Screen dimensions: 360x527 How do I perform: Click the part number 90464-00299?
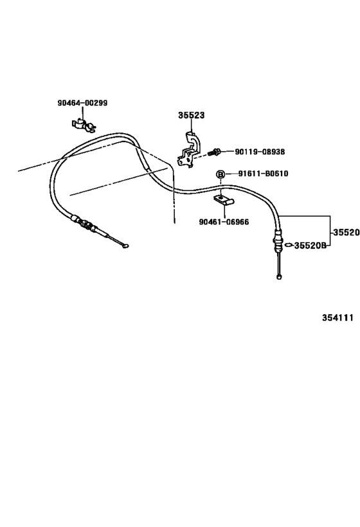tap(82, 103)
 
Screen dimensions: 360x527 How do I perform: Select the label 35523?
tap(191, 115)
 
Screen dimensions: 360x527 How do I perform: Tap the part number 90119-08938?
tap(260, 152)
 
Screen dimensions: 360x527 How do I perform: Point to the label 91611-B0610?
tap(263, 174)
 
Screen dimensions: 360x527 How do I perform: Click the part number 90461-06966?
tap(224, 222)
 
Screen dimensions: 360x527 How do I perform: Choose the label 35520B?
tap(310, 245)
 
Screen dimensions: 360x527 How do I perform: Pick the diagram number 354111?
tap(338, 318)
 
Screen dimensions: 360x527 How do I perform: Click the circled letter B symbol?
tap(221, 174)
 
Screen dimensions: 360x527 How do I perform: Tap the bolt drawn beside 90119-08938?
tap(213, 153)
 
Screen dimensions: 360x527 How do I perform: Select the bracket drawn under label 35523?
tap(190, 149)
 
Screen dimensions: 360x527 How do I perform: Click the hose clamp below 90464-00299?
tap(83, 125)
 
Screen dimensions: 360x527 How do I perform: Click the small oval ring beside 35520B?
tap(289, 245)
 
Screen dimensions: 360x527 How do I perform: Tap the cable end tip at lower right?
tap(279, 277)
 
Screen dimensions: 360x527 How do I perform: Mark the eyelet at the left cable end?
tap(125, 246)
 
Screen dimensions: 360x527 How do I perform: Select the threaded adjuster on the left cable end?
tap(85, 223)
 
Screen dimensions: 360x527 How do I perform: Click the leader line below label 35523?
tap(191, 126)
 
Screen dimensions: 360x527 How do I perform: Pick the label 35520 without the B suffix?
tap(346, 232)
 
